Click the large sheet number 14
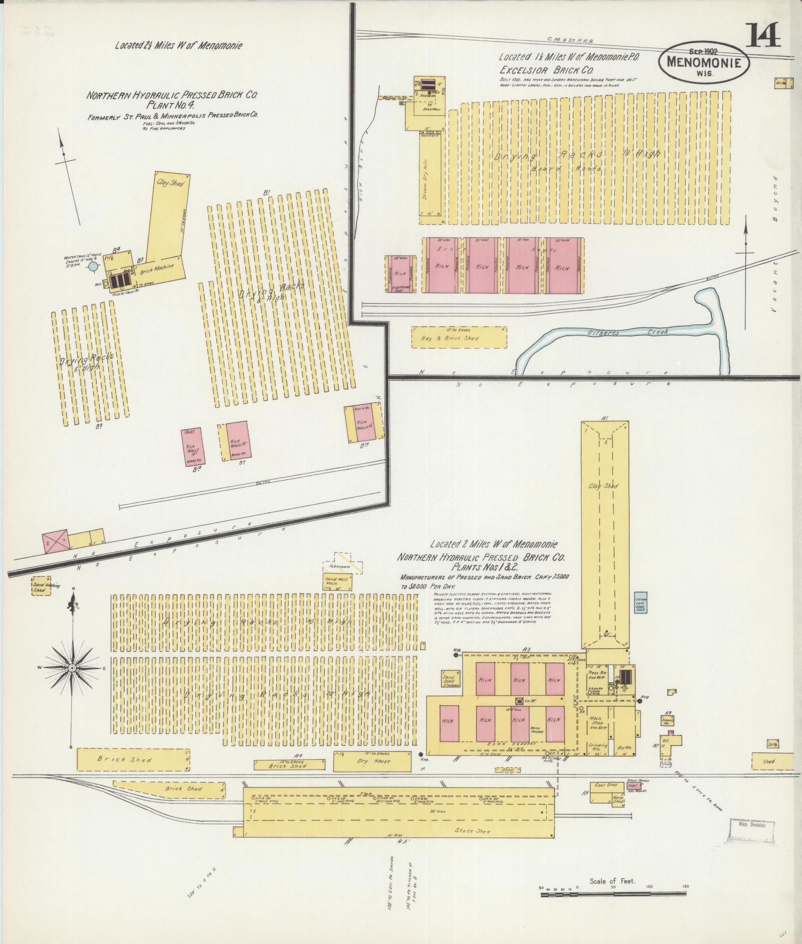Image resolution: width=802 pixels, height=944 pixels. (x=763, y=35)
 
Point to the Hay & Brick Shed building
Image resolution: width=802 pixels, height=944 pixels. (x=458, y=338)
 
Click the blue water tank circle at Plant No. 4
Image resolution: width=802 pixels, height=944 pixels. (x=93, y=267)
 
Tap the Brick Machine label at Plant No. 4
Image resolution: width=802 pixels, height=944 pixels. (x=157, y=269)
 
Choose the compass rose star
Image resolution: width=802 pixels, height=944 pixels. (x=72, y=668)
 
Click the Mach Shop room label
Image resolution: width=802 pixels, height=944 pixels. (x=595, y=721)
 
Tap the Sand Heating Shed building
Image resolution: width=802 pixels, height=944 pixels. (x=39, y=587)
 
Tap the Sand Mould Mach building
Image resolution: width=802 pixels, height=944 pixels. (x=338, y=581)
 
